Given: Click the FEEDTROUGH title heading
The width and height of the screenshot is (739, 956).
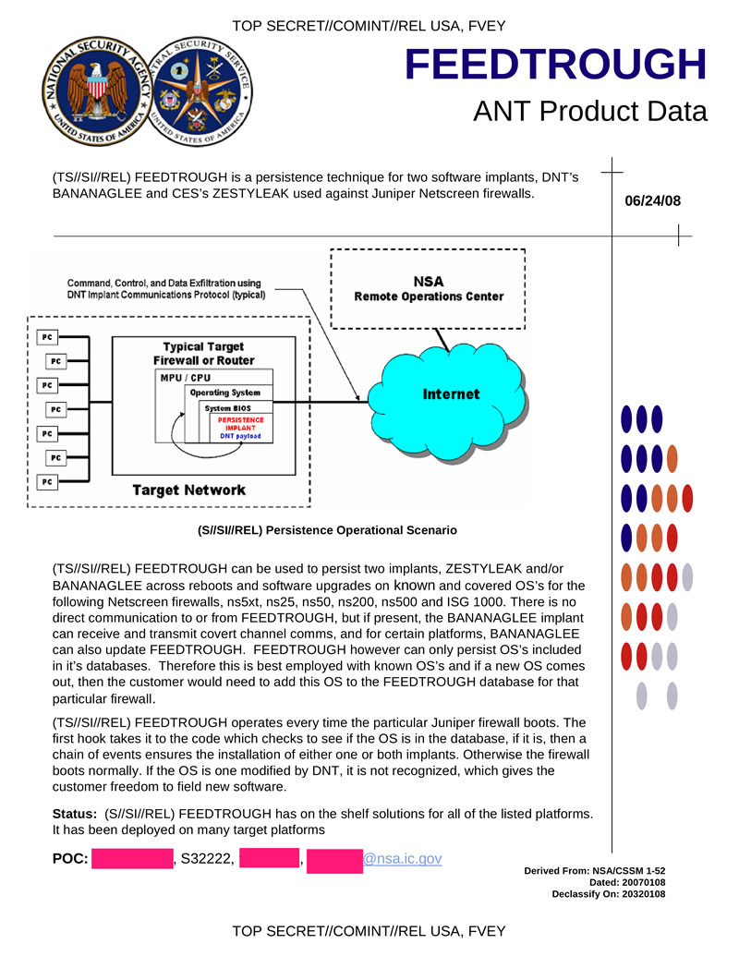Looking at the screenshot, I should (x=555, y=65).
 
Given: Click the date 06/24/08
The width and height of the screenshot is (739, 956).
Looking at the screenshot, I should (x=653, y=200).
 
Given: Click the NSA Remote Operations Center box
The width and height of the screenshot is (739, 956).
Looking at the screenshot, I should (x=428, y=288).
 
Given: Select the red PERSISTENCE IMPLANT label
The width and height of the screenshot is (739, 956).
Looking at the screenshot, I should (x=240, y=424).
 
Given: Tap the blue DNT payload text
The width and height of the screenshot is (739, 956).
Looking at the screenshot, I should (x=239, y=435).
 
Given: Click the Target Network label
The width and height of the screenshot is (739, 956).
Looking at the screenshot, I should (x=188, y=490).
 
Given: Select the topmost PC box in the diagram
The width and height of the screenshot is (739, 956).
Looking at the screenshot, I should (x=46, y=338).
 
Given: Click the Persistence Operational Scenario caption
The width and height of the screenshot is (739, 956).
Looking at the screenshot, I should (x=327, y=530).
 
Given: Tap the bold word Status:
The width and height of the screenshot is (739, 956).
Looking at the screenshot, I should (x=75, y=813).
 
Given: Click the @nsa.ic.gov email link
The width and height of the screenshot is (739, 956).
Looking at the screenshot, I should (x=402, y=859).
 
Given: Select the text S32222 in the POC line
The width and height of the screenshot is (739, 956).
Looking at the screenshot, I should (x=206, y=860).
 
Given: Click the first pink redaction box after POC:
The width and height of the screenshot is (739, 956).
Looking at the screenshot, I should (x=132, y=860).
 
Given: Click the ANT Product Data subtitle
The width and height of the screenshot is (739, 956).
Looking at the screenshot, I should (x=589, y=112).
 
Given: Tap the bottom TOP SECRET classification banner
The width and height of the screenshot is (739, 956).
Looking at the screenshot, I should (x=369, y=930).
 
